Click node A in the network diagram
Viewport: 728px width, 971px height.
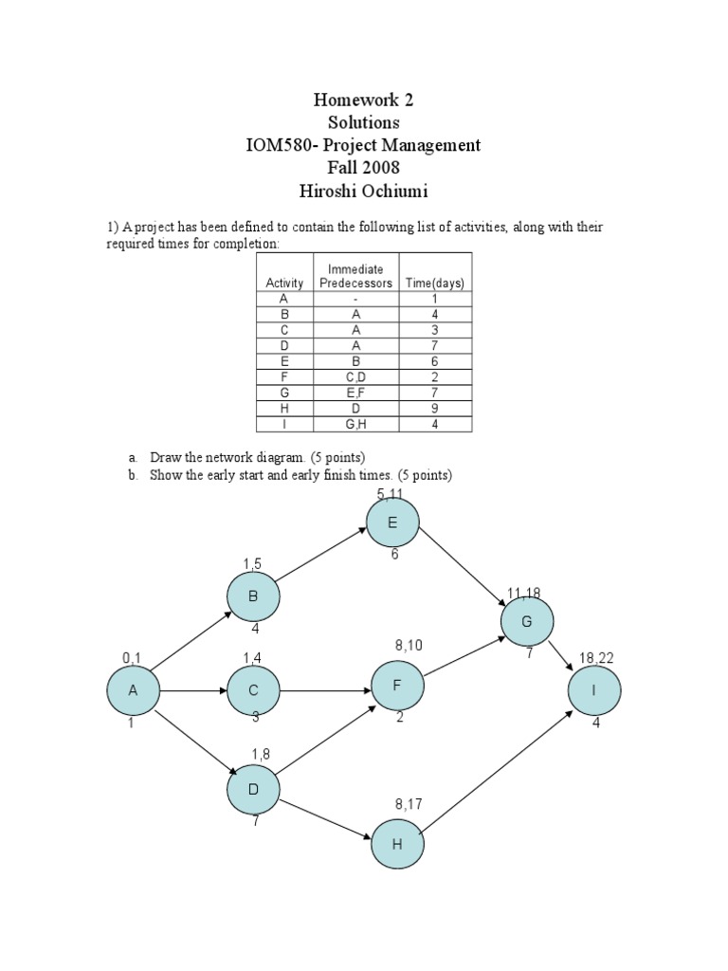pyautogui.click(x=132, y=690)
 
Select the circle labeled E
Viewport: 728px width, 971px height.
pyautogui.click(x=391, y=523)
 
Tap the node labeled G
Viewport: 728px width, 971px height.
pyautogui.click(x=529, y=621)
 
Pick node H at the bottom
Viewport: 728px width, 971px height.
pyautogui.click(x=396, y=844)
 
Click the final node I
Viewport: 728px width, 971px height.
pyautogui.click(x=593, y=690)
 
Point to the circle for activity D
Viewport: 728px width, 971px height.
pyautogui.click(x=253, y=789)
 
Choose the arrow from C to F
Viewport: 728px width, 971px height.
pyautogui.click(x=324, y=690)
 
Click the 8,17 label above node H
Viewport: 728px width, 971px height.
pyautogui.click(x=409, y=804)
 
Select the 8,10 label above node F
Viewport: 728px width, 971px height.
pyautogui.click(x=409, y=645)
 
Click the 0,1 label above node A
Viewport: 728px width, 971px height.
pyautogui.click(x=131, y=657)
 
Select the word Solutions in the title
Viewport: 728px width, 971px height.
pyautogui.click(x=364, y=122)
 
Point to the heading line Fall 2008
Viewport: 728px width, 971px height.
pyautogui.click(x=364, y=168)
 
